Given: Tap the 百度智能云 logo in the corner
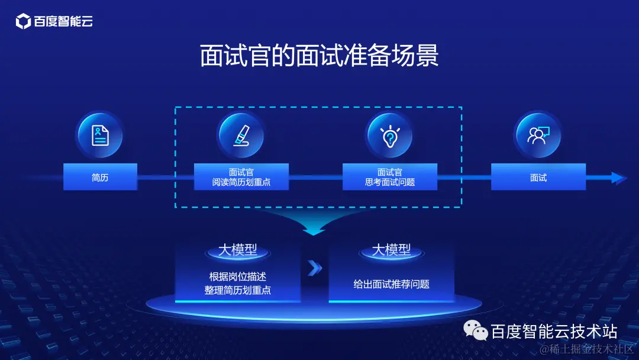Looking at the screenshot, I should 54,22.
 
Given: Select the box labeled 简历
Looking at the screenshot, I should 100,177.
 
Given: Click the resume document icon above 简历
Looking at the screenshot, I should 99,135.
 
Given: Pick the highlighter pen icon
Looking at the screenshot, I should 241,135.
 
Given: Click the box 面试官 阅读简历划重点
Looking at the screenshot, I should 241,177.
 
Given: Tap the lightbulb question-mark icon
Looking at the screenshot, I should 390,135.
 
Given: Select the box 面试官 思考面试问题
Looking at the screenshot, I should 390,177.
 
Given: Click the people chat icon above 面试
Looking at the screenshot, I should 538,135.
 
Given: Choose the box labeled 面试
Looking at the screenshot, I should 538,177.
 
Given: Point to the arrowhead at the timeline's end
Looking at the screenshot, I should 618,178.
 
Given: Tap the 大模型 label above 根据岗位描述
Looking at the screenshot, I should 237,250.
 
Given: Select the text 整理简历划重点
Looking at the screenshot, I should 237,291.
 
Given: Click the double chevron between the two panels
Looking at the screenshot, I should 315,269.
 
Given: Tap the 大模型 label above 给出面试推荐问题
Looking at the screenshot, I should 391,250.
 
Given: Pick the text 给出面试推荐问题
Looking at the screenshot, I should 391,284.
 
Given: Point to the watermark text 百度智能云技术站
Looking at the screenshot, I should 554,330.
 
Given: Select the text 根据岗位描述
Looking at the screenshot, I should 237,277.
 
